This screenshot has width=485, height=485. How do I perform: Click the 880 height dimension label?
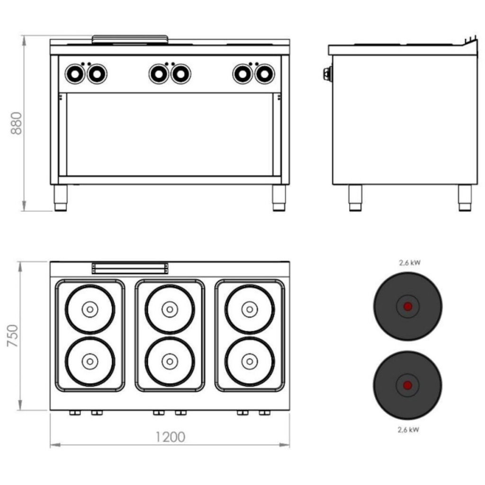tap(17, 123)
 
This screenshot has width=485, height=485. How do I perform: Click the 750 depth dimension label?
tap(13, 336)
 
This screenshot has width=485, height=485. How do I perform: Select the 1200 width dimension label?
tap(170, 437)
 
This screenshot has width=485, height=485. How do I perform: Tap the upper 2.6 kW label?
tap(410, 263)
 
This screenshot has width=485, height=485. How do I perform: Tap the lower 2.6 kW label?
tap(408, 430)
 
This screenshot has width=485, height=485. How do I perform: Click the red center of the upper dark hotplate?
tap(408, 306)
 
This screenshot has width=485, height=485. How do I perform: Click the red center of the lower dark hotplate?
tap(408, 386)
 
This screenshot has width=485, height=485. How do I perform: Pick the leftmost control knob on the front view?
tap(75, 74)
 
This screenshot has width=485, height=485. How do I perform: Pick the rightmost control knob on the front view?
tap(264, 74)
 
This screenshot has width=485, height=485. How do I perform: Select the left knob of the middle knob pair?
tap(159, 74)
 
